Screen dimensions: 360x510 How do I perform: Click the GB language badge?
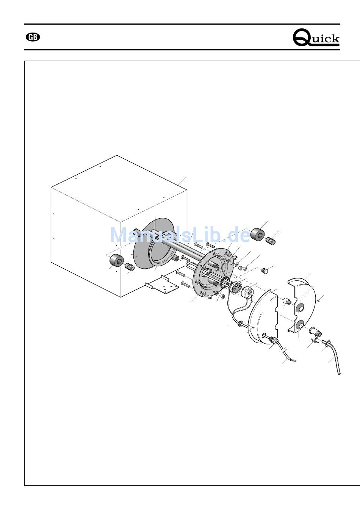pos(33,38)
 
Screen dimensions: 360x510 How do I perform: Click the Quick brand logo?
pos(316,38)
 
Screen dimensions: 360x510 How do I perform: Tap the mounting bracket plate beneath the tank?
pos(162,285)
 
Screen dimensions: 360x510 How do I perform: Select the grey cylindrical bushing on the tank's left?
pos(117,260)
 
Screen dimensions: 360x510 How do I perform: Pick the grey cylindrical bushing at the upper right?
pos(258,233)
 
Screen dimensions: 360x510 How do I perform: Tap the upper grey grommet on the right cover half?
pos(300,308)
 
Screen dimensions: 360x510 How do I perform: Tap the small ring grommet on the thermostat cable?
pos(239,324)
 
